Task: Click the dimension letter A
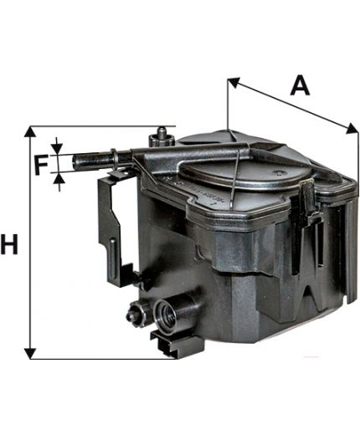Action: pyautogui.click(x=300, y=86)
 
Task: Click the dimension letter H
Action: pyautogui.click(x=9, y=244)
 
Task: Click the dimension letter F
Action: pyautogui.click(x=41, y=165)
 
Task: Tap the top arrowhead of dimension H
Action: pyautogui.click(x=30, y=131)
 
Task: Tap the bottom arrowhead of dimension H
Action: pyautogui.click(x=30, y=354)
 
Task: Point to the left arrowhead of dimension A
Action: pyautogui.click(x=234, y=83)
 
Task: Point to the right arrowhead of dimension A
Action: pyautogui.click(x=352, y=128)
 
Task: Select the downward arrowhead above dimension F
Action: pyautogui.click(x=57, y=149)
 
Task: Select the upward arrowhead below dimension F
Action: pyautogui.click(x=59, y=178)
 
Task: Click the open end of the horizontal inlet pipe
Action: pyautogui.click(x=75, y=161)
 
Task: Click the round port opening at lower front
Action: pyautogui.click(x=166, y=314)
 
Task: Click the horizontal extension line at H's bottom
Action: pyautogui.click(x=103, y=359)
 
